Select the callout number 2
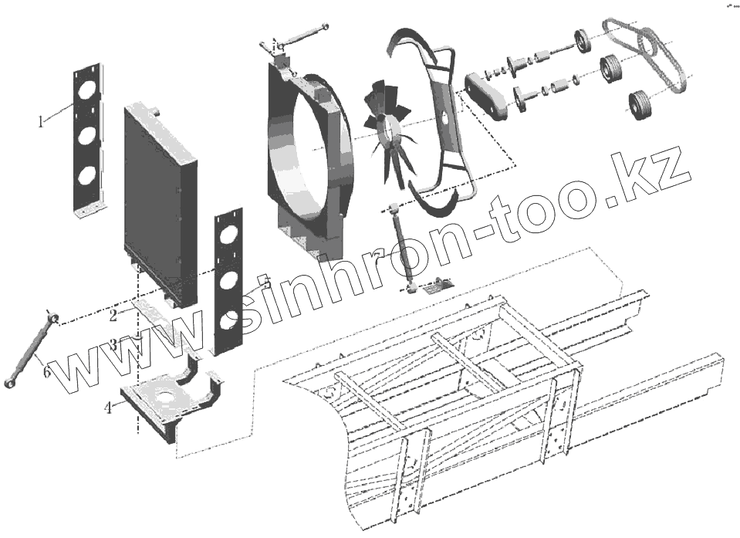point(113,315)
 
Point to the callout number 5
point(265,279)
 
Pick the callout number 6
point(47,373)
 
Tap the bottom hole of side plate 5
point(228,324)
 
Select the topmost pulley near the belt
point(581,41)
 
